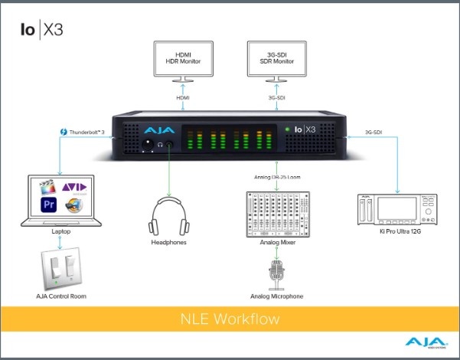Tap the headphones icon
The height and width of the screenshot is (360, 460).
pos(168,216)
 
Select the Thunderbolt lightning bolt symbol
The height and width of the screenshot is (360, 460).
pos(64,133)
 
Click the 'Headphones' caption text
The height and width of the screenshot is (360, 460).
pos(168,243)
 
